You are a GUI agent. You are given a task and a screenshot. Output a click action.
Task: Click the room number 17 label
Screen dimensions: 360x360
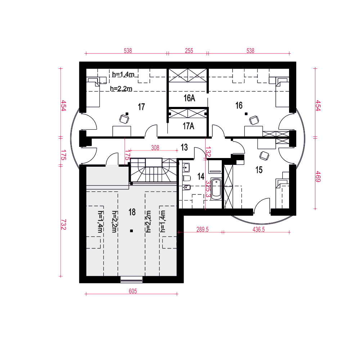tap(141, 107)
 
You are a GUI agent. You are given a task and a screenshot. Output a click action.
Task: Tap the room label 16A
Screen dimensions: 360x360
tap(189, 98)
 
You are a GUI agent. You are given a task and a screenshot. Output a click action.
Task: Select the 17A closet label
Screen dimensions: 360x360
tap(189, 126)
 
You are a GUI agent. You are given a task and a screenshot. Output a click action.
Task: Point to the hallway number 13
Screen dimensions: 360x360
tap(184, 147)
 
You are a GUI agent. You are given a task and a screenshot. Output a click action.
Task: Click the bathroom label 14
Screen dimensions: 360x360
tap(201, 176)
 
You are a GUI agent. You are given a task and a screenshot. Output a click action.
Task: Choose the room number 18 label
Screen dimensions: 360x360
tap(132, 212)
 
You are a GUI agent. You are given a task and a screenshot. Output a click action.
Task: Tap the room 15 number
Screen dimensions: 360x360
tap(259, 170)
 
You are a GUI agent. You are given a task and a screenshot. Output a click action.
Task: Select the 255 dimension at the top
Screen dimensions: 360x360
tap(189, 51)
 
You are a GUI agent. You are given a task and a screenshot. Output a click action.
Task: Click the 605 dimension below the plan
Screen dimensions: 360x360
tap(133, 291)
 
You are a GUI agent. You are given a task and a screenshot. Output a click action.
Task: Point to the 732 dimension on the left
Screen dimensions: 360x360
tap(64, 224)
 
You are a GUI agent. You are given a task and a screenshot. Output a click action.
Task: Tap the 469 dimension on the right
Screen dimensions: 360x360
tap(318, 176)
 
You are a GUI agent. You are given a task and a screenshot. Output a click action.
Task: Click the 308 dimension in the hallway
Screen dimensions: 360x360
tap(155, 148)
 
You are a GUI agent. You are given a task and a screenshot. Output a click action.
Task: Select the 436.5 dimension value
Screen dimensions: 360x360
tap(258, 230)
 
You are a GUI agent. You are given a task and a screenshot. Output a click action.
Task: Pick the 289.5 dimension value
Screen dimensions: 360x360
tap(202, 230)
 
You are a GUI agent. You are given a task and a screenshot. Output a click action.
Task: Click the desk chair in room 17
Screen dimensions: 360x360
tap(124, 119)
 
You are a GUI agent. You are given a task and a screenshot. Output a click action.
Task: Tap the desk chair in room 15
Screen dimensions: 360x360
tap(264, 156)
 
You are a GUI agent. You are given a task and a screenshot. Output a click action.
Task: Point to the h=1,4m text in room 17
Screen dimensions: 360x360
tap(123, 75)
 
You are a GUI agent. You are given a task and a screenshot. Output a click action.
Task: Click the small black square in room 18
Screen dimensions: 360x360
tap(131, 231)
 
